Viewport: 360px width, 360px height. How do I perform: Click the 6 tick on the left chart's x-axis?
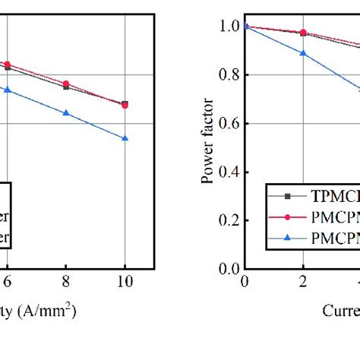point(7,280)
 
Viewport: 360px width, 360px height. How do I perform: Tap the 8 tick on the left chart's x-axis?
point(66,280)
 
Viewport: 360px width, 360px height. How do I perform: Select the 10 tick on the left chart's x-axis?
point(125,280)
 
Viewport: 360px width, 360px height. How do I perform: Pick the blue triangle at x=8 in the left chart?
point(66,113)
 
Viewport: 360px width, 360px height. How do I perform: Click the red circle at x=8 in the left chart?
point(66,84)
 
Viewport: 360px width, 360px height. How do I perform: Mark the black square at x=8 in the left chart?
point(66,87)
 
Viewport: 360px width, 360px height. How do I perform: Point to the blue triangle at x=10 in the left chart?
point(125,138)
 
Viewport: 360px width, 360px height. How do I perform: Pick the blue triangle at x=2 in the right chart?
point(304,53)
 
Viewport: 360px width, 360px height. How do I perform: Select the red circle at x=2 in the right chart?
point(304,33)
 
